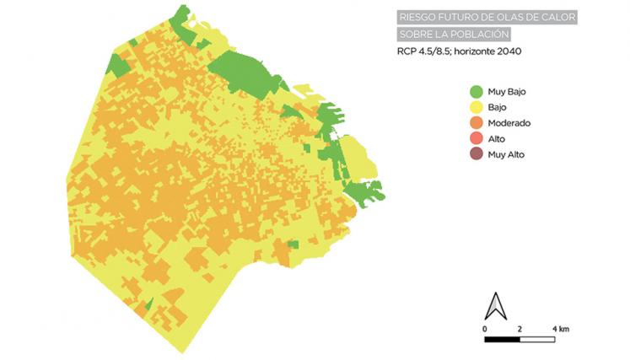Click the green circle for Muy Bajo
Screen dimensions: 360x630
point(476,91)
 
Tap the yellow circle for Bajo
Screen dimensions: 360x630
point(476,107)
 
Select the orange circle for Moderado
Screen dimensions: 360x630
point(476,123)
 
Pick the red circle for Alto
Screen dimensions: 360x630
point(476,138)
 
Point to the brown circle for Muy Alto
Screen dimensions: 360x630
point(476,154)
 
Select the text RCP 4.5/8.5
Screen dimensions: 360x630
point(424,51)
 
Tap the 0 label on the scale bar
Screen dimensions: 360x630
point(486,327)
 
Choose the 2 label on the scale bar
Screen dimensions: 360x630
point(520,327)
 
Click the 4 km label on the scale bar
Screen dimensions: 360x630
point(559,327)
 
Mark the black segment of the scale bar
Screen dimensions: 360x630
point(503,340)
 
